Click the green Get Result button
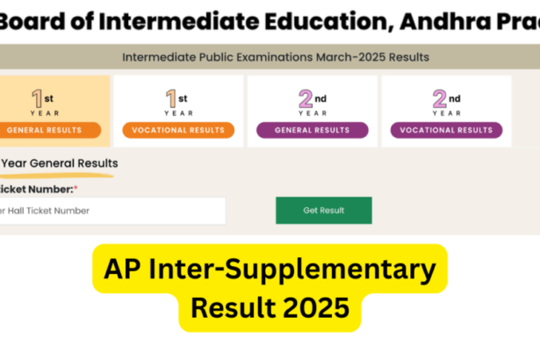tap(323, 211)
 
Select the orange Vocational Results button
tap(177, 130)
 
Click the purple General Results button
tap(312, 130)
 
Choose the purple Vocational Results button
tap(446, 130)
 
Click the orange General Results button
tap(54, 130)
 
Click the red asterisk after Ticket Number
tap(76, 188)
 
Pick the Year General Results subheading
tap(60, 163)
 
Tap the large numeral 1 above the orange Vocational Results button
tap(171, 98)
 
